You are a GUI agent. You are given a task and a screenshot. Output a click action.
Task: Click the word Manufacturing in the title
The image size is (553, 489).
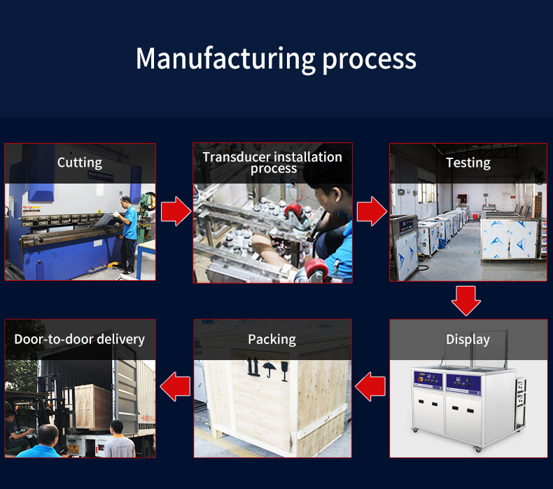(x=225, y=59)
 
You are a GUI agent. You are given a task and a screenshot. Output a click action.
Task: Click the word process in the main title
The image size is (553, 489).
(x=369, y=61)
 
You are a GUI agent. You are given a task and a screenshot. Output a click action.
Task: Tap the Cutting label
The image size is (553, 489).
(x=80, y=163)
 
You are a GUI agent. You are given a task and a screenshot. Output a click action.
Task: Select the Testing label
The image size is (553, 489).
(x=468, y=163)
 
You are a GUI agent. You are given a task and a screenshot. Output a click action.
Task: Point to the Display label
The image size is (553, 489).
(x=468, y=340)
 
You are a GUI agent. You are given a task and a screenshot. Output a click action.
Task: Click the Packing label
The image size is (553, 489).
(x=272, y=340)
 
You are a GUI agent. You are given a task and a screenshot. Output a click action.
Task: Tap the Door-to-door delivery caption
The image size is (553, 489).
(x=79, y=339)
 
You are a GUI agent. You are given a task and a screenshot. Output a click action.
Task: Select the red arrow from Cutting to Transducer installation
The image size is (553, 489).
(x=176, y=211)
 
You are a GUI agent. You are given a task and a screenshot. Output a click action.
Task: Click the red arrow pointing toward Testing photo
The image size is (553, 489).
(x=372, y=211)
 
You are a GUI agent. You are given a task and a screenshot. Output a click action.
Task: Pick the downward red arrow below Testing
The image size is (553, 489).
(x=466, y=301)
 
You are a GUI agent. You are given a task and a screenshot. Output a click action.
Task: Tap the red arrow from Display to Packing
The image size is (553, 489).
(x=370, y=387)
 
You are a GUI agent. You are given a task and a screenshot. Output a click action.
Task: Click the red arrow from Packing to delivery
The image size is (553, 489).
(x=175, y=387)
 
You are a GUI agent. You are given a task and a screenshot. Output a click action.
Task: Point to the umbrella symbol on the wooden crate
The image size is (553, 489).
(x=269, y=369)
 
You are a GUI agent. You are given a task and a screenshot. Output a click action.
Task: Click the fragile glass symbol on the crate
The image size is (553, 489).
(x=285, y=371)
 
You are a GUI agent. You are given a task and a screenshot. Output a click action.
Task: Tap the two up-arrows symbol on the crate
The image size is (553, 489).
(x=253, y=366)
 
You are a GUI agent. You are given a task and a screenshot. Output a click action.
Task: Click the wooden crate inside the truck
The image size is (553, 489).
(x=92, y=407)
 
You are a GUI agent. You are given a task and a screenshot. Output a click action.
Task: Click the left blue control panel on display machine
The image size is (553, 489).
(x=428, y=380)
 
